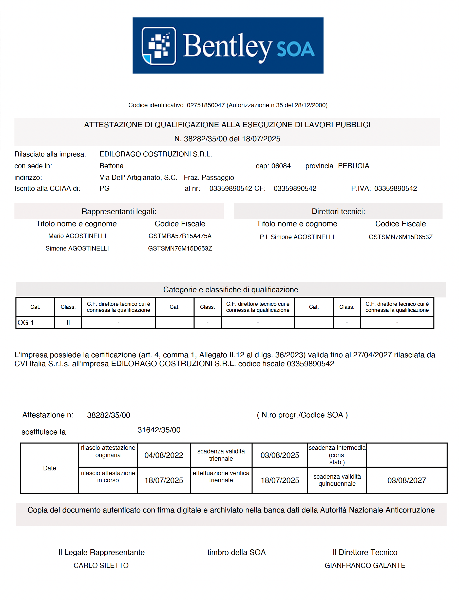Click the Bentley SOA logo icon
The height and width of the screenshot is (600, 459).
point(159,46)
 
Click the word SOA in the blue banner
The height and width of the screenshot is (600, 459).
point(296,49)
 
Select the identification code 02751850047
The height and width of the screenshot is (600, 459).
point(205,105)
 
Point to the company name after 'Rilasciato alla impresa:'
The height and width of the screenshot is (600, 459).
point(156,154)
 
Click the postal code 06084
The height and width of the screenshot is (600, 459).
point(281,166)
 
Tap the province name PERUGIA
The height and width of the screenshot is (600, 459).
point(354,166)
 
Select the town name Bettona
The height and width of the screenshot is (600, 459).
point(111,166)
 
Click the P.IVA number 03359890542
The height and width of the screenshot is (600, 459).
point(395,188)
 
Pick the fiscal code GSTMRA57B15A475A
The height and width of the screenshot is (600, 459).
point(180,236)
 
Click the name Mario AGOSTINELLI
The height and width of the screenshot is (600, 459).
point(77,236)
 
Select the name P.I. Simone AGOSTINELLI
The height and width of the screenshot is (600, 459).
point(297,237)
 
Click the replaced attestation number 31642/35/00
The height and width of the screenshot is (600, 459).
point(159,430)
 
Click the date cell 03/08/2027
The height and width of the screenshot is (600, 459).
point(407,481)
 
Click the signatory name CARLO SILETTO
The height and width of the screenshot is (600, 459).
point(101,566)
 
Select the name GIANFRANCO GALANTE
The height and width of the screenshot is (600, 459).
point(365,566)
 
